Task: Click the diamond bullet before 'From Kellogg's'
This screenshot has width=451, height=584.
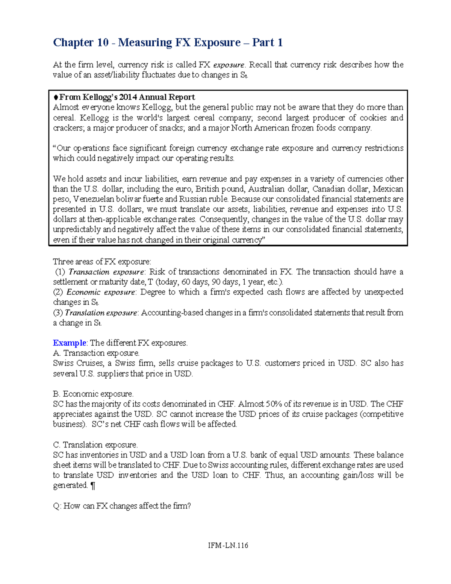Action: point(56,97)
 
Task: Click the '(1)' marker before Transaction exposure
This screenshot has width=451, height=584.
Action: point(60,272)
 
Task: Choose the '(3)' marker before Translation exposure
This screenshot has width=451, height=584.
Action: point(58,312)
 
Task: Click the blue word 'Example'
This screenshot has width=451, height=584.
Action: point(70,343)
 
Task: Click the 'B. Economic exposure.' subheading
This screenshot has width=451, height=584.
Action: point(93,394)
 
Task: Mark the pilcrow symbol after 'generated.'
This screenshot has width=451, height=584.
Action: point(93,485)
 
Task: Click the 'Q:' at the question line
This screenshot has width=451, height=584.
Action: point(57,506)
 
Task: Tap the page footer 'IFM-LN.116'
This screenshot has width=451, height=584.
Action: point(228,545)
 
